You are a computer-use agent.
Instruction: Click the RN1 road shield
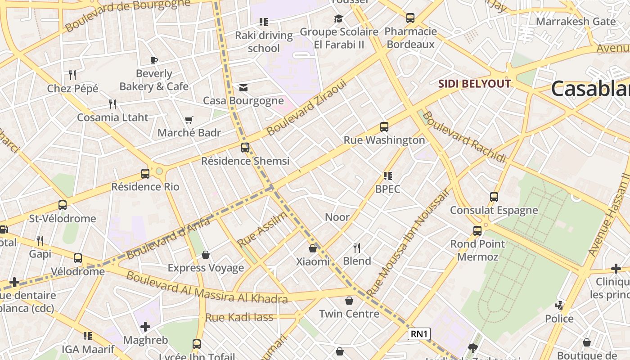pyautogui.click(x=419, y=334)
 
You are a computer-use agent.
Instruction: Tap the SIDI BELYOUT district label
pyautogui.click(x=475, y=84)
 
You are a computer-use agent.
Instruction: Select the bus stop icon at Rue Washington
pyautogui.click(x=384, y=127)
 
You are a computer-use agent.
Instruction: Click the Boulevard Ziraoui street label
pyautogui.click(x=307, y=108)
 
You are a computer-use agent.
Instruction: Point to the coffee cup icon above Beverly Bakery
pyautogui.click(x=154, y=60)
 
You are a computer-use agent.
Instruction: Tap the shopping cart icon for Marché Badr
pyautogui.click(x=189, y=120)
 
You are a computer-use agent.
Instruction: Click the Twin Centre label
pyautogui.click(x=349, y=314)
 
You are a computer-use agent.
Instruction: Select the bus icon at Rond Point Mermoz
pyautogui.click(x=477, y=231)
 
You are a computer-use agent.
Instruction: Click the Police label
pyautogui.click(x=559, y=319)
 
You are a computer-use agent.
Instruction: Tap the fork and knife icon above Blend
pyautogui.click(x=357, y=247)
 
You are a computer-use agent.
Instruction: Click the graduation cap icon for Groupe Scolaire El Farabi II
pyautogui.click(x=338, y=18)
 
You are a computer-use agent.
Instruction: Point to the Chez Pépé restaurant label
pyautogui.click(x=72, y=89)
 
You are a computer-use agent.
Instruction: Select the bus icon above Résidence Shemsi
pyautogui.click(x=245, y=148)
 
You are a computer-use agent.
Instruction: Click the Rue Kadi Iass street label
pyautogui.click(x=239, y=317)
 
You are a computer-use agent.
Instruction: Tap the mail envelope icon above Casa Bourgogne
pyautogui.click(x=243, y=87)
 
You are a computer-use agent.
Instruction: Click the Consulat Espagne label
pyautogui.click(x=494, y=210)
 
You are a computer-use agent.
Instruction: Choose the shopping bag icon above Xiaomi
pyautogui.click(x=313, y=248)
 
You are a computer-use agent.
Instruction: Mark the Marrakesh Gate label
pyautogui.click(x=576, y=21)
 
